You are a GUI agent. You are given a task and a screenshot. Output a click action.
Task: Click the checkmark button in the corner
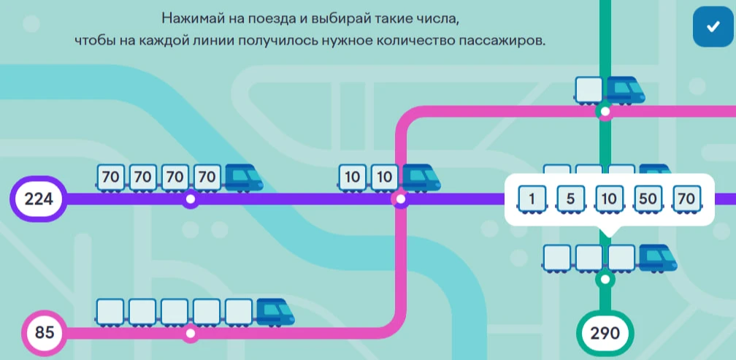pos(713,27)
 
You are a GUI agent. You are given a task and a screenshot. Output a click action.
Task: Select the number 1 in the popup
pos(532,199)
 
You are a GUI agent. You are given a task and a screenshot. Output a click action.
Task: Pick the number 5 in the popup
pos(570,199)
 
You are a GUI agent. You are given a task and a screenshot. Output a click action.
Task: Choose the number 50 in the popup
pos(648,199)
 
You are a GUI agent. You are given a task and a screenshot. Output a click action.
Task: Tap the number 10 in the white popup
pos(609,199)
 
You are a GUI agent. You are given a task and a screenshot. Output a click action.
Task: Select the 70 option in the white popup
pos(686,199)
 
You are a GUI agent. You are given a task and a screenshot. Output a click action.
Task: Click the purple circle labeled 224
pos(39,199)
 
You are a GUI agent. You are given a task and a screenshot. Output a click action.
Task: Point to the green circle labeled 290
pos(605,334)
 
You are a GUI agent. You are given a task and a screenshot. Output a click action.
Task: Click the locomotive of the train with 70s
pos(244,178)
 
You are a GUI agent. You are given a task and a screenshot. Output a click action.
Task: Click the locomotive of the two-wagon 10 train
pos(421,178)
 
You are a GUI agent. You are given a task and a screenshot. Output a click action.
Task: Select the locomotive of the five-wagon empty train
pos(275,312)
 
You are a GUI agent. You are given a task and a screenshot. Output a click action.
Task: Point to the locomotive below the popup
pos(658,258)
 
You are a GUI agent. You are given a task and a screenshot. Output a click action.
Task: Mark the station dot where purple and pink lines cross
pos(400,199)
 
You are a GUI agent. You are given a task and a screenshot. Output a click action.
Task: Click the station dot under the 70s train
pos(190,199)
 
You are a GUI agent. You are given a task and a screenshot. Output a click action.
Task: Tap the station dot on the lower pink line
pos(190,333)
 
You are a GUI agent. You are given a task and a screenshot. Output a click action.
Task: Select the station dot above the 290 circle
pos(605,279)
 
